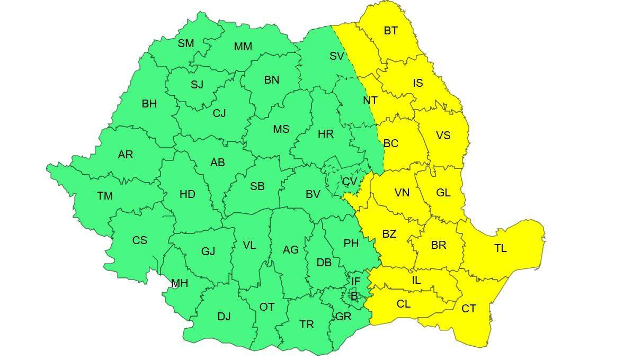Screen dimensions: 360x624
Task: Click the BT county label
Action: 390,31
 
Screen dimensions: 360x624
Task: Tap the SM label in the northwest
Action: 185,43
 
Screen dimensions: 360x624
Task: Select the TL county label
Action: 500,248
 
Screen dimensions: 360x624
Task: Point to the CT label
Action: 468,308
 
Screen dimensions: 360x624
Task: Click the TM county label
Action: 105,196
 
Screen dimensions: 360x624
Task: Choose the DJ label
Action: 224,317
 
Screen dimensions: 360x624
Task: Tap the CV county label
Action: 349,182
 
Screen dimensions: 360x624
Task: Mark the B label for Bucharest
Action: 354,296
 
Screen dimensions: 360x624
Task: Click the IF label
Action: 355,281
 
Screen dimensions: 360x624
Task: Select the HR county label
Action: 325,134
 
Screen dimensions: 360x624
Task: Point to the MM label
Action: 243,47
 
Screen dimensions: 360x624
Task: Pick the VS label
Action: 443,136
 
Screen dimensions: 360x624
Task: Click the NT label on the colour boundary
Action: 370,101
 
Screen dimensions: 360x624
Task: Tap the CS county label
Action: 139,240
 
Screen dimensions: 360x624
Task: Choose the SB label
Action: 257,186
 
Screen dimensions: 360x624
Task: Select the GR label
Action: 343,317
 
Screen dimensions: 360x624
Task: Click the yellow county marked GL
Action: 443,193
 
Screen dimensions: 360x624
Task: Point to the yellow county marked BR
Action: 438,245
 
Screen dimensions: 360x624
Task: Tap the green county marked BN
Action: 271,80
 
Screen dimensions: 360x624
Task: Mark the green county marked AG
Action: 290,250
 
